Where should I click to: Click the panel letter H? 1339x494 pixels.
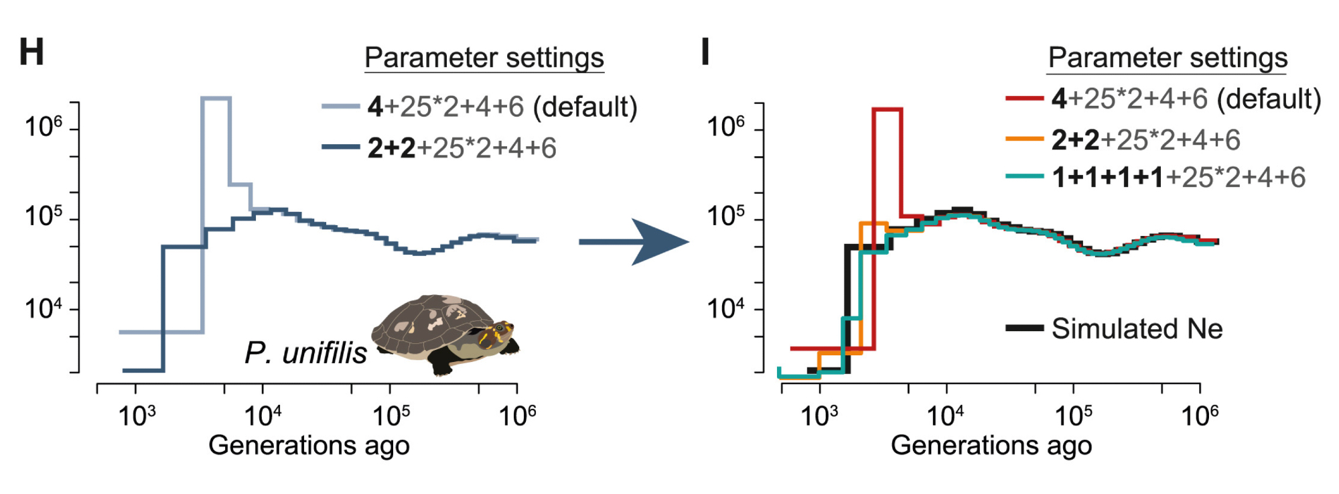click(x=31, y=52)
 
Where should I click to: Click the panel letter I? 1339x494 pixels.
click(x=705, y=52)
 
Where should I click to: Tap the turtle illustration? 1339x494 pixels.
click(x=445, y=332)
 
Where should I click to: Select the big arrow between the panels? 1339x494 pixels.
click(x=634, y=241)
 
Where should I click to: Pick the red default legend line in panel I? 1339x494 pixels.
click(x=1024, y=99)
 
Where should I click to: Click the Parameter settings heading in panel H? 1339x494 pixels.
click(x=484, y=58)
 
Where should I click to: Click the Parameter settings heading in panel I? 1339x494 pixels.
click(x=1168, y=58)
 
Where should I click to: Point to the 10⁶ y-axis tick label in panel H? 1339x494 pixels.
click(x=43, y=126)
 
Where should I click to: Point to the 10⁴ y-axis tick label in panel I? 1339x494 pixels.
click(x=725, y=309)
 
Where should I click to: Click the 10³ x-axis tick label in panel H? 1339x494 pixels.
click(x=137, y=416)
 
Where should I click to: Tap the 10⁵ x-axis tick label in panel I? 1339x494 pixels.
click(x=1073, y=416)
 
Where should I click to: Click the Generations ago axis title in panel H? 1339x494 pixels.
click(x=309, y=446)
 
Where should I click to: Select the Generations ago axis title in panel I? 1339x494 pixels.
click(x=991, y=446)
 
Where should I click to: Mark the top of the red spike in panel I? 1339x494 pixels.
click(x=888, y=109)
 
